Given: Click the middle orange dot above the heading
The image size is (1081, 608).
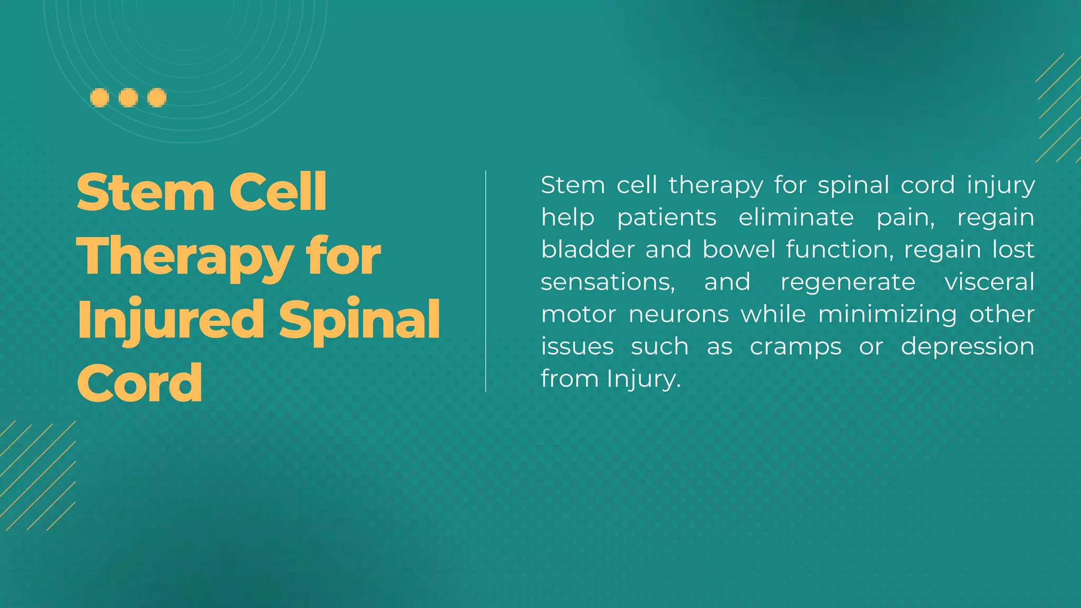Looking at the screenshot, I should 128,98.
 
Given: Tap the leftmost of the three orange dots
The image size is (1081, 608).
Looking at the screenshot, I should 100,98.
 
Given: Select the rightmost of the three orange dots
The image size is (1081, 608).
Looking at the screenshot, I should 157,98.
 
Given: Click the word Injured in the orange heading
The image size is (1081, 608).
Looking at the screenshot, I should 170,319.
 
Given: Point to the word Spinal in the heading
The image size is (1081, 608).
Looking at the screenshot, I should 359,319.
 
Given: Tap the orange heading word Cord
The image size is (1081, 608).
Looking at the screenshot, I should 139,383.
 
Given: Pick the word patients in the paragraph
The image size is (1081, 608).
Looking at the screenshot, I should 667,217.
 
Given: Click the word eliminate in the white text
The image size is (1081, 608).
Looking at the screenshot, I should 796,217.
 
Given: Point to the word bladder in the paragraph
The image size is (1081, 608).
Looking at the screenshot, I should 587,250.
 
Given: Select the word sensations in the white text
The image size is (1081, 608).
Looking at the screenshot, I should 608,282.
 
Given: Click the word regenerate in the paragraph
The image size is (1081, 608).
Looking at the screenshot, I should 848,282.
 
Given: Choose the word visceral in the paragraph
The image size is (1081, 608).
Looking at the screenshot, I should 989,282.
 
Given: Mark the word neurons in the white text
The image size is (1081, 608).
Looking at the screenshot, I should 679,315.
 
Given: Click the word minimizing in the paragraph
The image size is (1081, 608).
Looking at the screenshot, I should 887,315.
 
